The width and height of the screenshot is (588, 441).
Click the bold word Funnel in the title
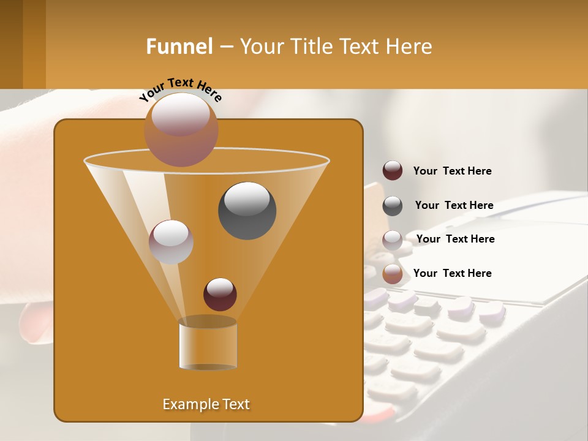[179, 47]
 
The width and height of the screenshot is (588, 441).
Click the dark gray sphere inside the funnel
[247, 210]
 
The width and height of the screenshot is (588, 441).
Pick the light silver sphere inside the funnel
[171, 242]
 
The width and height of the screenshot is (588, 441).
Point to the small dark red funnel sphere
[220, 294]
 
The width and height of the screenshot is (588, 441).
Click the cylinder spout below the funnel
[208, 344]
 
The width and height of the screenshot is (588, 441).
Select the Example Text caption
[206, 404]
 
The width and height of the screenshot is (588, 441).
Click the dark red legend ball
[393, 171]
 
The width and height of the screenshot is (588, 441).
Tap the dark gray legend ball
[393, 206]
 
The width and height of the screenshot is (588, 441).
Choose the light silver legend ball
[393, 240]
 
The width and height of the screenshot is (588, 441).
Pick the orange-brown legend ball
[393, 274]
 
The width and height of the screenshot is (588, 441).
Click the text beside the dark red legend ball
[452, 171]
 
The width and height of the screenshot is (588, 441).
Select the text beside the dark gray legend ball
[454, 206]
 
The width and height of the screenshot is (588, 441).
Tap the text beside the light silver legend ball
[455, 239]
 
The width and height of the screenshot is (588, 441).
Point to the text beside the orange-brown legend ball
[452, 274]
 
